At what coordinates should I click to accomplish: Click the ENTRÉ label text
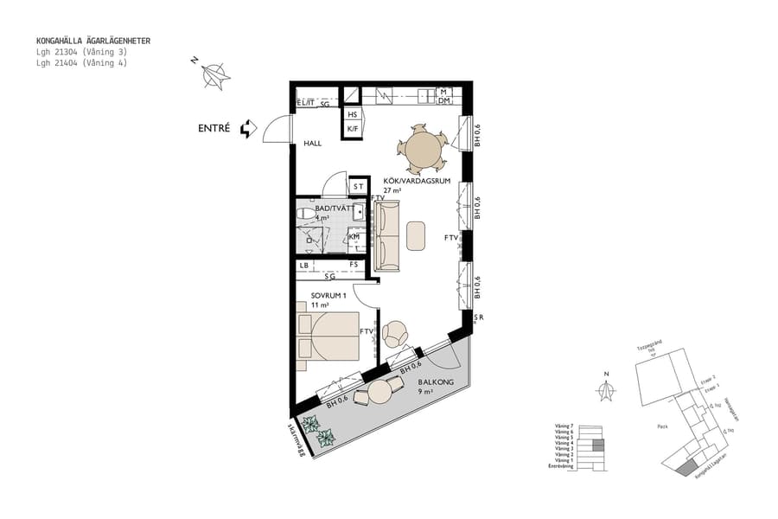214,128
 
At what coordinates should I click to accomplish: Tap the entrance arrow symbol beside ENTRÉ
248,129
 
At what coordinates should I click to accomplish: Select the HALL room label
312,144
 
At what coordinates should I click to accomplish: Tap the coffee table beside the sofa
417,235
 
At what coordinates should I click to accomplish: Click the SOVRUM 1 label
328,296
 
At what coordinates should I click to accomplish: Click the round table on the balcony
380,392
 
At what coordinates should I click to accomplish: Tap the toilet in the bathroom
305,213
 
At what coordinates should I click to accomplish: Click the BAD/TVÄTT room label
332,208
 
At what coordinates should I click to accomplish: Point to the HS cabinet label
352,114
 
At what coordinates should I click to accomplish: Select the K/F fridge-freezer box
352,129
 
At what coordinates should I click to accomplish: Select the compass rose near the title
215,76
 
